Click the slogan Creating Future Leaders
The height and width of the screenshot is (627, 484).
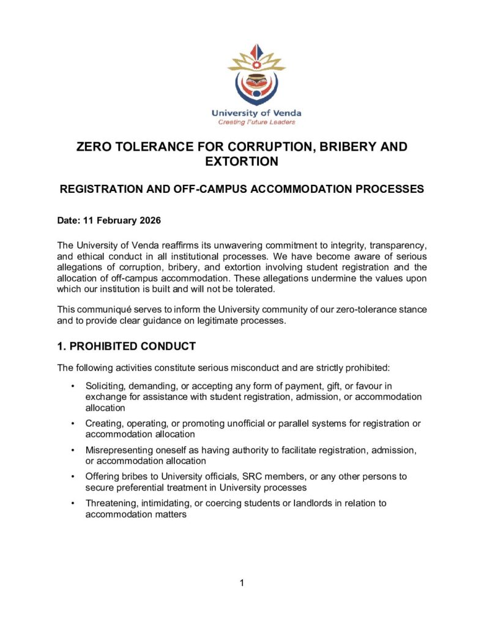pyautogui.click(x=256, y=122)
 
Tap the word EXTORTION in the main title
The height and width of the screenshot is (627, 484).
pyautogui.click(x=242, y=162)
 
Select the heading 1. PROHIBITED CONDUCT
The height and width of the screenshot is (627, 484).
pyautogui.click(x=126, y=347)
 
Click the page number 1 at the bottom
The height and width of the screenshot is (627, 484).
pyautogui.click(x=242, y=583)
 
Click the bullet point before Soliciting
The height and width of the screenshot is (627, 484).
pyautogui.click(x=73, y=386)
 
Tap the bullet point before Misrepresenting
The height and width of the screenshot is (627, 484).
pyautogui.click(x=73, y=450)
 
